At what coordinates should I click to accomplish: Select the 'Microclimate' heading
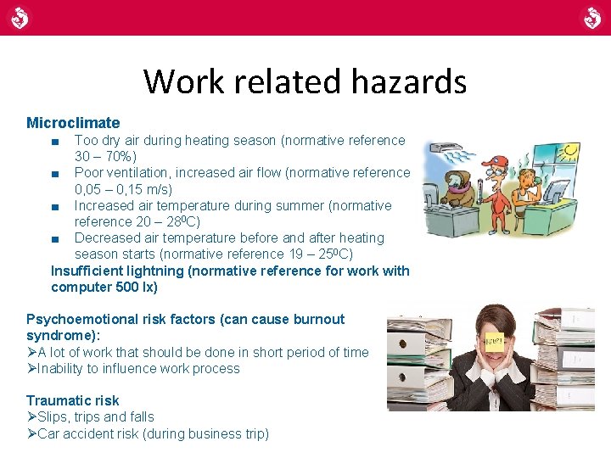pyautogui.click(x=73, y=123)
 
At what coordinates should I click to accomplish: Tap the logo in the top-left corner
pyautogui.click(x=20, y=17)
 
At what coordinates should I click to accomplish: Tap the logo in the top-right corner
pyautogui.click(x=591, y=17)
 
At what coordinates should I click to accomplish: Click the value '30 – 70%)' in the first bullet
pyautogui.click(x=105, y=156)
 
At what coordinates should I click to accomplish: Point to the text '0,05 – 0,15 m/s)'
pyautogui.click(x=123, y=189)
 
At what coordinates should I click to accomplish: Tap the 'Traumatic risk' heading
pyautogui.click(x=73, y=400)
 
